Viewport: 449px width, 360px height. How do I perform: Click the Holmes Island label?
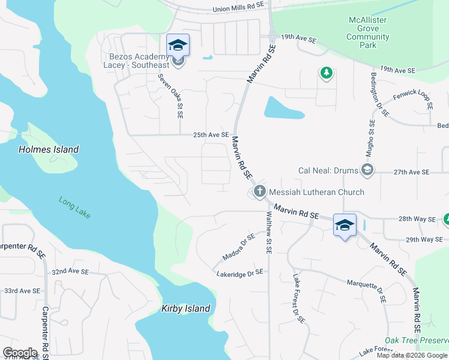49,149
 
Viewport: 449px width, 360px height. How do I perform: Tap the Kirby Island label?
185,308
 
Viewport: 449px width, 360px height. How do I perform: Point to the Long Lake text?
74,208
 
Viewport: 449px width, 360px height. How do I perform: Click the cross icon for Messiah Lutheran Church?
259,192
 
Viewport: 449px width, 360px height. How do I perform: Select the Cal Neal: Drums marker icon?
367,171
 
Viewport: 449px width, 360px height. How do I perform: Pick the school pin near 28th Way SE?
345,225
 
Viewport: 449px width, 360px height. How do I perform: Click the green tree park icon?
326,73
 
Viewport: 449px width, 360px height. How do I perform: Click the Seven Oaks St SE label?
170,95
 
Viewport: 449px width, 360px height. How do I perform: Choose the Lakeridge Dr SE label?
240,272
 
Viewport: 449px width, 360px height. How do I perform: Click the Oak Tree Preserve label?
416,340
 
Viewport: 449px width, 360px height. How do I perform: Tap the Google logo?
20,353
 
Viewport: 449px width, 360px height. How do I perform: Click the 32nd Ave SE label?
70,272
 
